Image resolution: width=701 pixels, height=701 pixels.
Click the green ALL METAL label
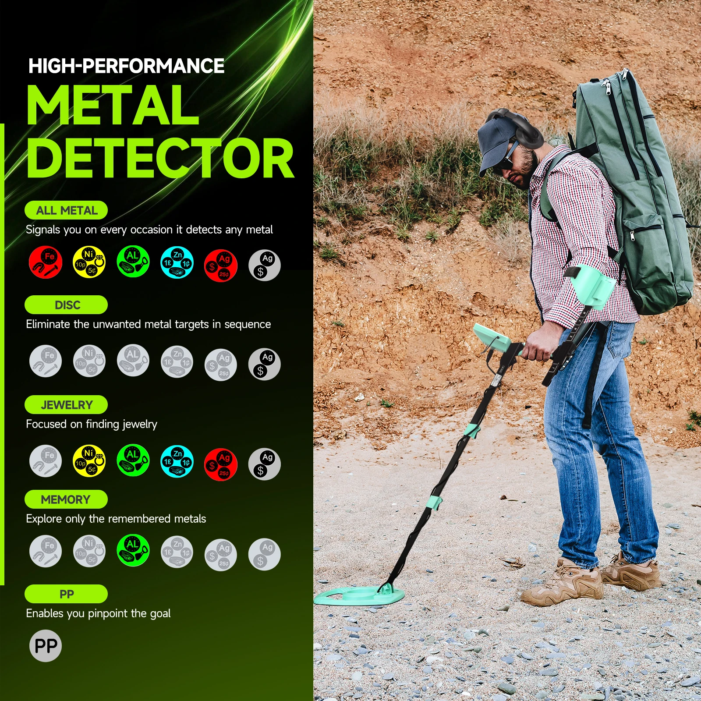click(66, 210)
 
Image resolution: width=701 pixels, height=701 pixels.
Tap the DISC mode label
click(66, 305)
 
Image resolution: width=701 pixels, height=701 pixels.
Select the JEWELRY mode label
click(66, 405)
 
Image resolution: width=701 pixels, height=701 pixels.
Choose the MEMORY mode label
click(66, 499)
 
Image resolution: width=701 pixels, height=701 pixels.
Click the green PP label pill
click(66, 594)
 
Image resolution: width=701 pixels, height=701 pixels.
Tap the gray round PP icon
click(46, 646)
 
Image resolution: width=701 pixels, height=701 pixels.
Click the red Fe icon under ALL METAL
click(46, 262)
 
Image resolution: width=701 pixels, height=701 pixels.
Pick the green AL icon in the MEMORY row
click(133, 550)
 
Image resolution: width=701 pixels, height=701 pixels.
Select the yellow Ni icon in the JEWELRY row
click(89, 461)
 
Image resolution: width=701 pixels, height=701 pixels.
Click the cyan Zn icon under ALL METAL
click(177, 262)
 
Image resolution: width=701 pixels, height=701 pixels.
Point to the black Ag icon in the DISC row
click(265, 364)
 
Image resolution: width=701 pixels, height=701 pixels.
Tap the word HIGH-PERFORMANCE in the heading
click(126, 66)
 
